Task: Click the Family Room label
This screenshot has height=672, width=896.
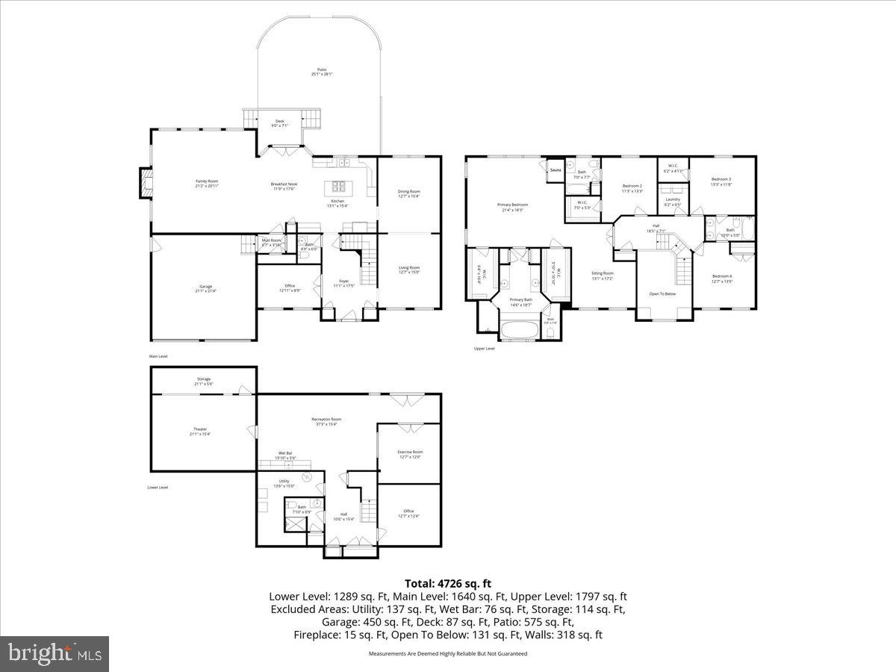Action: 207,181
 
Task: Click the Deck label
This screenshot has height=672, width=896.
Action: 280,121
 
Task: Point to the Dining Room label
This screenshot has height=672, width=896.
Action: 408,192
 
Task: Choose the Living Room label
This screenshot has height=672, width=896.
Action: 408,268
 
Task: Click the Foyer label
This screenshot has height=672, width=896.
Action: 343,281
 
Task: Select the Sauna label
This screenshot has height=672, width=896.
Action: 555,170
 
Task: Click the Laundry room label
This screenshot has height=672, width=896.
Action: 673,199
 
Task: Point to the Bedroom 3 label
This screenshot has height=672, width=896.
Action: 721,179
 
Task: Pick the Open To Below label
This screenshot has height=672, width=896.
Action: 663,293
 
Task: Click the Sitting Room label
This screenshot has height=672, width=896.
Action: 602,274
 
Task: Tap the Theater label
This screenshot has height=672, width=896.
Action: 200,429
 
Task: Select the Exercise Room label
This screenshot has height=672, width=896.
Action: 408,452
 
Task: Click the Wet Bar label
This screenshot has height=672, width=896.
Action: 285,453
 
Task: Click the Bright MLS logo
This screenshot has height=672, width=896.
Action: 55,654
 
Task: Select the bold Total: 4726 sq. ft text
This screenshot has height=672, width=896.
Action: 448,583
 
